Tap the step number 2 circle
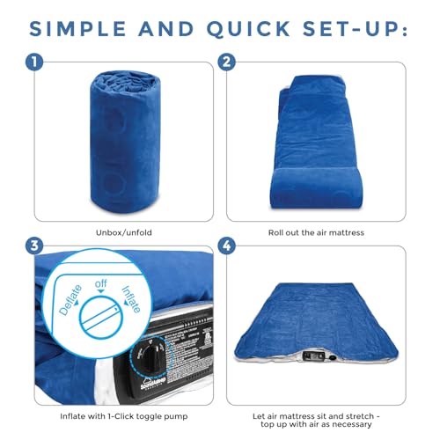click(x=227, y=63)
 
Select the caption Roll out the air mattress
click(x=318, y=234)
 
